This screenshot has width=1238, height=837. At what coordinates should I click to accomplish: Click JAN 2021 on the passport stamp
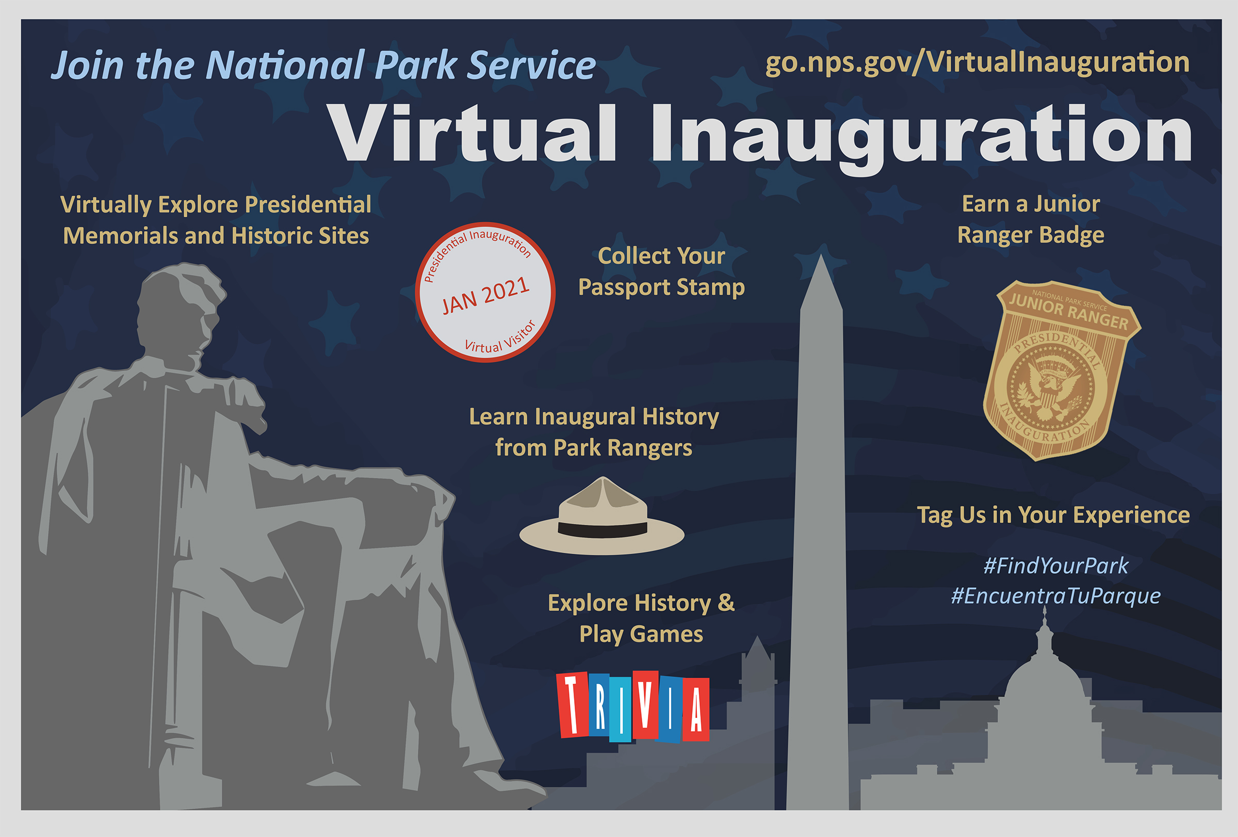(486, 296)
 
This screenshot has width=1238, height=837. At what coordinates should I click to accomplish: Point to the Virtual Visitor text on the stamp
(500, 338)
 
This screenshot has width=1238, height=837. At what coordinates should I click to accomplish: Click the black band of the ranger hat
(602, 529)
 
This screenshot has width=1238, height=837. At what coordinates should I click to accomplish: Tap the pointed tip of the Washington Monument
(821, 255)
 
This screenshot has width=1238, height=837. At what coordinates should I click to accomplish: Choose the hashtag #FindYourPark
(1055, 566)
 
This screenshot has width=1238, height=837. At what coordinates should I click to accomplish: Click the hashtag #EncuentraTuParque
(1056, 596)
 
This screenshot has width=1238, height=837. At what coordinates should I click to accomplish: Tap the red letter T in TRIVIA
(572, 704)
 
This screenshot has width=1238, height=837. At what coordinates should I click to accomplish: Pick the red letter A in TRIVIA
(696, 710)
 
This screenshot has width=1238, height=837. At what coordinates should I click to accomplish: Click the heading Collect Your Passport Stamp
(662, 272)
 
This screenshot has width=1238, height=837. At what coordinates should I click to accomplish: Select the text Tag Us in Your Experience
(1053, 515)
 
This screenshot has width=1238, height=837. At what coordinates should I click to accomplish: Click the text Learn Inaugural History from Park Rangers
(594, 432)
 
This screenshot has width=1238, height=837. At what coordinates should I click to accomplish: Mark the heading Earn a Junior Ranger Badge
(1031, 219)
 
